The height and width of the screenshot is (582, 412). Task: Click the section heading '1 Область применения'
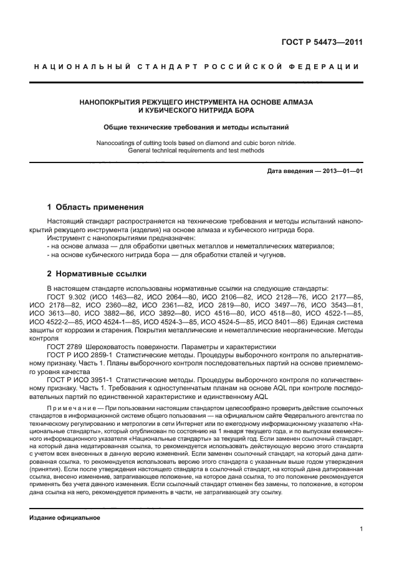tap(95, 207)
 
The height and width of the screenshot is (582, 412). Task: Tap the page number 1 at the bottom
tap(361, 529)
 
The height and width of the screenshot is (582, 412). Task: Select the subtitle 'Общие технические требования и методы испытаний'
tap(196, 127)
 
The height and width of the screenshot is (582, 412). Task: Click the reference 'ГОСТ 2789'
tap(63, 346)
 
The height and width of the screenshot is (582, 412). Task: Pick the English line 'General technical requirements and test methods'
tap(196, 151)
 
